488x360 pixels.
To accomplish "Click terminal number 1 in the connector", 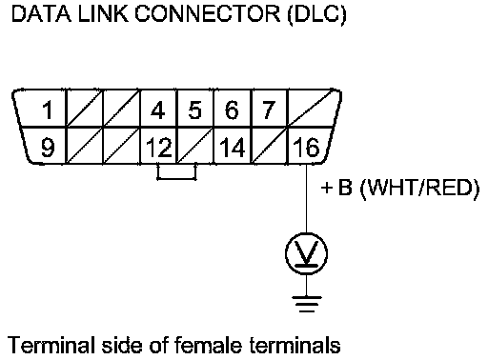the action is point(48,110).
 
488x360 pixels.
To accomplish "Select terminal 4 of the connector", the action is point(158,110).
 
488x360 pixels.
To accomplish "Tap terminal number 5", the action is point(195,110).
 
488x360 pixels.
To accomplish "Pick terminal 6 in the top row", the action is point(232,110).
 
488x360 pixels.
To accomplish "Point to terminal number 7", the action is point(268,110).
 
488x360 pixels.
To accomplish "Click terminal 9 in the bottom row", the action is point(48,148).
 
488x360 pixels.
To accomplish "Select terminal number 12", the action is point(159,148).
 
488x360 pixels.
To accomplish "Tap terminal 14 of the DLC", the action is point(233,148).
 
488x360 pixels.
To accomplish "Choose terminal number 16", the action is point(306,148).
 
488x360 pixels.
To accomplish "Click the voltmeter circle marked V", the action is point(306,253).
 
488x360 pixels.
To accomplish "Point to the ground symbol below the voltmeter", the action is point(307,304).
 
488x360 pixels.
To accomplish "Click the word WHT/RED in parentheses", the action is point(420,188).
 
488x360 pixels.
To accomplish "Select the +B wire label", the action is point(336,188).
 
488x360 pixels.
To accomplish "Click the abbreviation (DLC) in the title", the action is point(316,14).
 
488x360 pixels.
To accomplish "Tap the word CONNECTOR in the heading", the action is point(208,14).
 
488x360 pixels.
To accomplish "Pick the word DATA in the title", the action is point(41,14).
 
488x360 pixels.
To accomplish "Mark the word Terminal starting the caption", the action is point(51,345).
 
